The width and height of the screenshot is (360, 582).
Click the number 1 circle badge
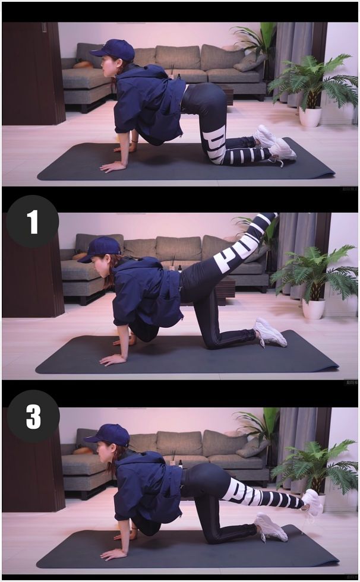click(32, 222)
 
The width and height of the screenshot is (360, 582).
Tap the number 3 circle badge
click(33, 416)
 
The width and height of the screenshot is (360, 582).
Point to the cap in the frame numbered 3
click(108, 435)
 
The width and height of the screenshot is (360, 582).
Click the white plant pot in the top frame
click(310, 116)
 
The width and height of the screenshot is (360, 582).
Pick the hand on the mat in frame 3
click(113, 553)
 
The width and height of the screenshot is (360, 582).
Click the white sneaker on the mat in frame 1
click(270, 333)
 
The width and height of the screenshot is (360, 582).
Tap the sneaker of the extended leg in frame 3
click(312, 502)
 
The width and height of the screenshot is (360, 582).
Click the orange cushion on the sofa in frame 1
click(79, 257)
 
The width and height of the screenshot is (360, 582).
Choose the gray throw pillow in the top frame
click(250, 62)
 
